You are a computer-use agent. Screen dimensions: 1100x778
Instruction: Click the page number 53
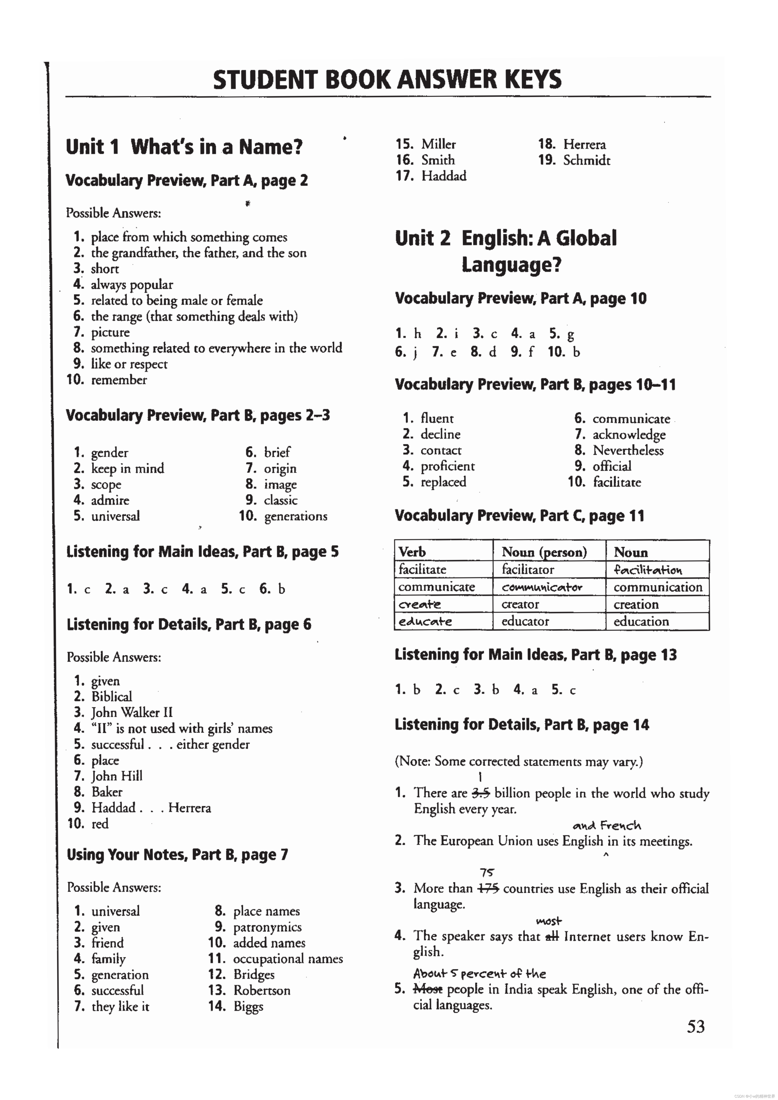tap(696, 1027)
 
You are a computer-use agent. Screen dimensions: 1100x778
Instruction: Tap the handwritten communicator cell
tap(542, 587)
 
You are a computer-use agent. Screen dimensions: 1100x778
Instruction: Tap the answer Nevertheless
tap(628, 450)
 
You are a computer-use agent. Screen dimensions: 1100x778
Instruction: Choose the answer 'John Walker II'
tap(132, 712)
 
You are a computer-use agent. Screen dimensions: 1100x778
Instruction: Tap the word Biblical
tap(112, 697)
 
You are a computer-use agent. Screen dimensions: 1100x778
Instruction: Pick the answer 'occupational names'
tap(288, 959)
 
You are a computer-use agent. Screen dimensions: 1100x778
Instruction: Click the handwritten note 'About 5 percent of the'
tap(479, 974)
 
